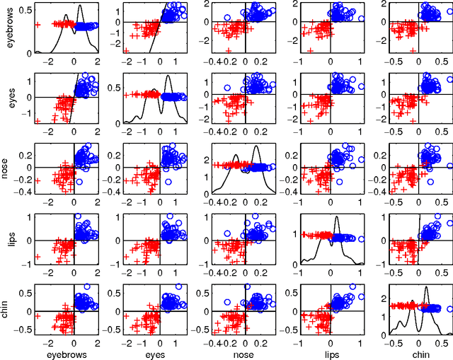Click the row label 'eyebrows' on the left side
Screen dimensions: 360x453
[8, 29]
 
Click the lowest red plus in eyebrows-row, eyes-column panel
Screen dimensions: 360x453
[126, 51]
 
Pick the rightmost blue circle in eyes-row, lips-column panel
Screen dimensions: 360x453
[360, 87]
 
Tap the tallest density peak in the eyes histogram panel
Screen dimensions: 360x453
[168, 76]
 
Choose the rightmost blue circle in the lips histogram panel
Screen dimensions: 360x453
[360, 239]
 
